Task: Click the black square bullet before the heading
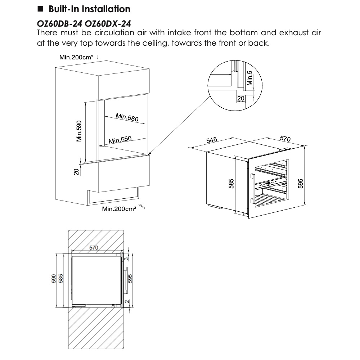pyautogui.click(x=40, y=9)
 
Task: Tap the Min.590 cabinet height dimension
pyautogui.click(x=80, y=131)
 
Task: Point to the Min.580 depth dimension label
pyautogui.click(x=127, y=117)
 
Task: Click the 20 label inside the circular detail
pyautogui.click(x=240, y=98)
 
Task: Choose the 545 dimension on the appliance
pyautogui.click(x=212, y=140)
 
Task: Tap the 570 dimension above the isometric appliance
pyautogui.click(x=285, y=139)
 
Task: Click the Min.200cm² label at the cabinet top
pyautogui.click(x=76, y=57)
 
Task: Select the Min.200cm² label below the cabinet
pyautogui.click(x=119, y=209)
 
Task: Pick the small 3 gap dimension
pyautogui.click(x=127, y=258)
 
